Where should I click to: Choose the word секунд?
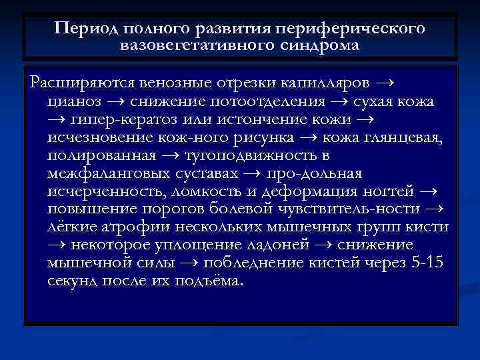click(x=73, y=281)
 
